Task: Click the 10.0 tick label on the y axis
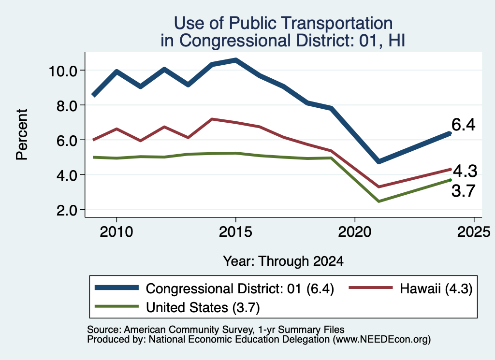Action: pos(62,71)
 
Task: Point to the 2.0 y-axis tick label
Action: pos(67,211)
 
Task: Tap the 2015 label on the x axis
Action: pos(235,232)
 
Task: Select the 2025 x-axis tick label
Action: pos(474,232)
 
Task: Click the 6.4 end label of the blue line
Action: pos(464,125)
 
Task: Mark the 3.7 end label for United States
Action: pos(464,191)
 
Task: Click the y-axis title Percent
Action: pos(22,135)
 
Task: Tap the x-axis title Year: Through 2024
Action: pos(283,261)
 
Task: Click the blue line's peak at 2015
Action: pos(235,60)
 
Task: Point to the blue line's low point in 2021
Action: pos(379,161)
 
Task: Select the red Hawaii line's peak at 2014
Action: pos(212,119)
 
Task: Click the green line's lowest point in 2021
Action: pos(379,202)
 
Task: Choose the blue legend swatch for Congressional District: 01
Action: pos(117,288)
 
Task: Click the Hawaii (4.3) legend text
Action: pos(436,288)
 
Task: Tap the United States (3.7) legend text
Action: pos(203,308)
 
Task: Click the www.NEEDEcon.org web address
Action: pos(380,340)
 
